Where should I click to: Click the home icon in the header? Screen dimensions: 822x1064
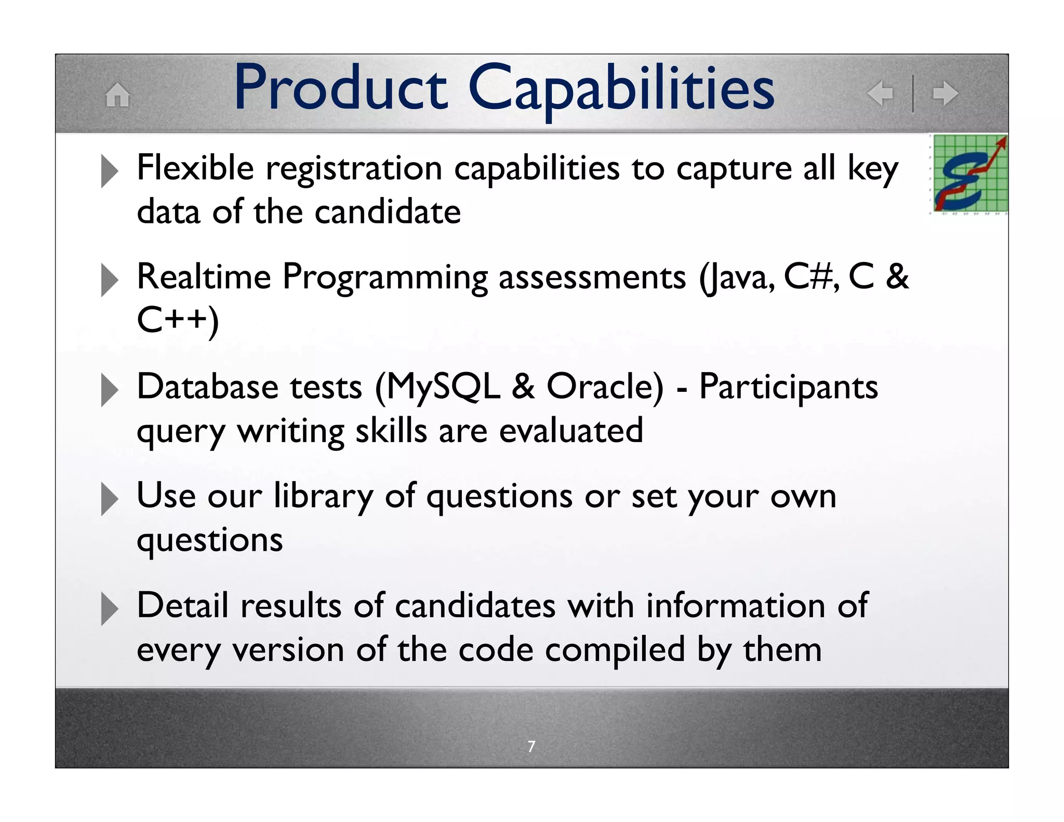[117, 95]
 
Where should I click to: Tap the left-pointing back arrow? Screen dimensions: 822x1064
[880, 94]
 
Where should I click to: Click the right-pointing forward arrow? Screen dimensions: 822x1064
[945, 94]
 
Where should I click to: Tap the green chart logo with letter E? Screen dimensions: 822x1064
[969, 174]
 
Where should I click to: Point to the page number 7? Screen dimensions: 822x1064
[531, 746]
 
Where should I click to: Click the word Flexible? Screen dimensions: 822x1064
[195, 168]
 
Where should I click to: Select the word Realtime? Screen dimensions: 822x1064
[204, 276]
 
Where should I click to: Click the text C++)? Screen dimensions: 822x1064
[178, 320]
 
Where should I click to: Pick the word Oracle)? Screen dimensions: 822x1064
[605, 387]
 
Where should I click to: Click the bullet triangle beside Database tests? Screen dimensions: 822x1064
[109, 390]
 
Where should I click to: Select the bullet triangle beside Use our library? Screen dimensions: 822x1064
[109, 499]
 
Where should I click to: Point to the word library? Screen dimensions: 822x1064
[323, 497]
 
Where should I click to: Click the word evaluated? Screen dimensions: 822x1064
[571, 431]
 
